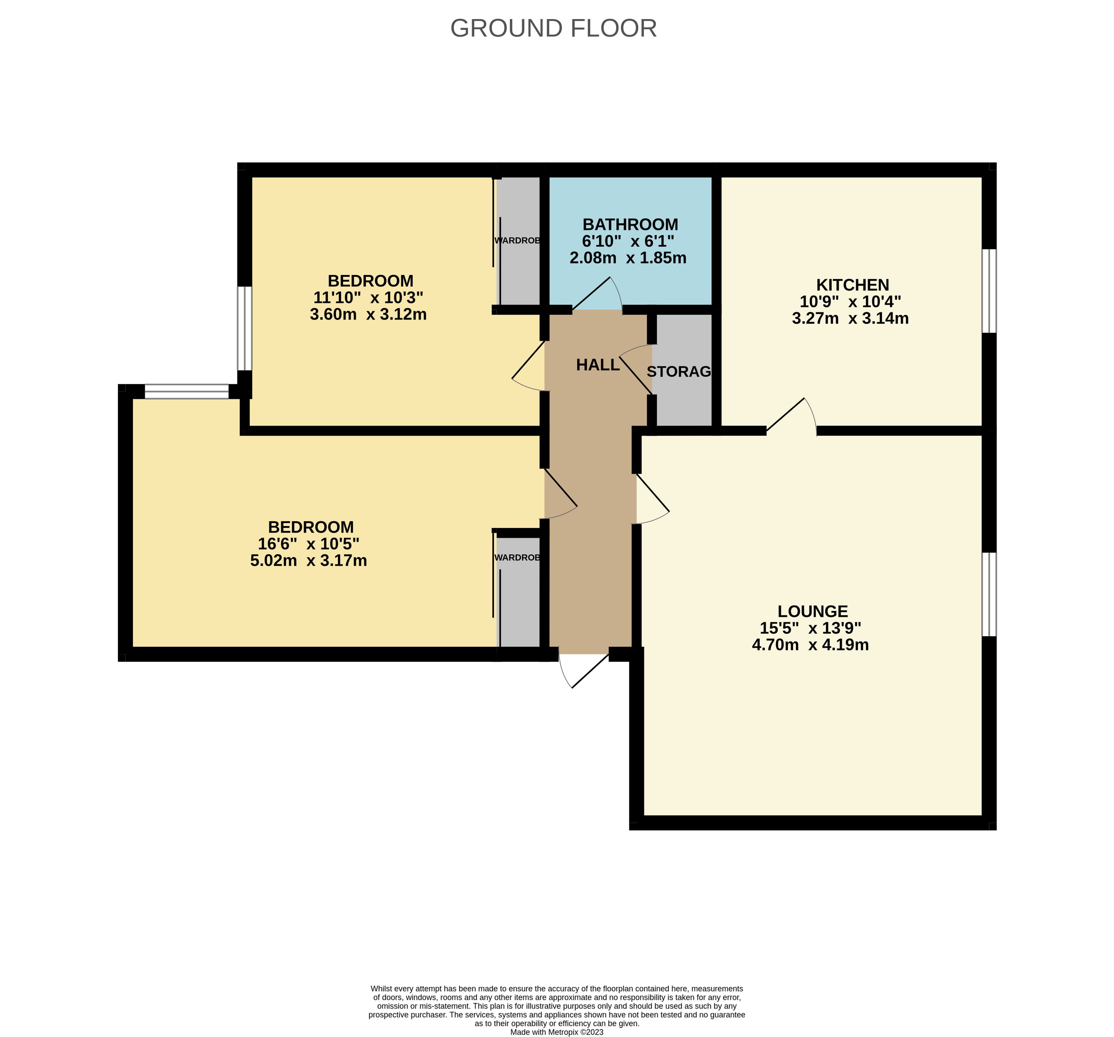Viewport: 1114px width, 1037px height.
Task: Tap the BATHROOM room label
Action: [631, 224]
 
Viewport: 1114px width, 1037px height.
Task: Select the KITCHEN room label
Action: [852, 285]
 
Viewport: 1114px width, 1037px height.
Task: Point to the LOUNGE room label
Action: [813, 611]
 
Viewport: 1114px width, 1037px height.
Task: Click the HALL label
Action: [598, 365]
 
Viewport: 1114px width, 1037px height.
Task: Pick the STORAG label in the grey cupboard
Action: [679, 372]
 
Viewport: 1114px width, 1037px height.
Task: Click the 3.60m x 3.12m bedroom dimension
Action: [368, 314]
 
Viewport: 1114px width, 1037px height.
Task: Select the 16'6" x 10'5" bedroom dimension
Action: [308, 544]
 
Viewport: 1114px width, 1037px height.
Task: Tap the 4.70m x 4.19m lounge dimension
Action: [810, 645]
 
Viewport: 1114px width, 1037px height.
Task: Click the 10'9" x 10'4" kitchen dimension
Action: [850, 302]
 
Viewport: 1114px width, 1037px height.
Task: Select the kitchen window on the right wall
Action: [989, 291]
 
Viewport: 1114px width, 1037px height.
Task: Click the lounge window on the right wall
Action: [989, 594]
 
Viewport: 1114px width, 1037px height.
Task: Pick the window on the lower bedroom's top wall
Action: [186, 391]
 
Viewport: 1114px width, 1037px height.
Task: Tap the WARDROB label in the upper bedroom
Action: [517, 241]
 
